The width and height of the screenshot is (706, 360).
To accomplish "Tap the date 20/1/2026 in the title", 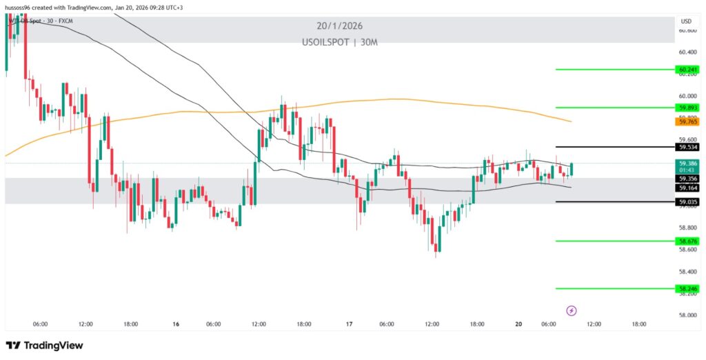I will tap(339, 26).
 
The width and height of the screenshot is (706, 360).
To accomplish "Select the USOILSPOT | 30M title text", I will tap(339, 42).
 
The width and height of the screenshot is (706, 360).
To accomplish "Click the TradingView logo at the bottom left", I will tap(44, 345).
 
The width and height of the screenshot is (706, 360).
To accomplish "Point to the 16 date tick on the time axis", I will tap(176, 323).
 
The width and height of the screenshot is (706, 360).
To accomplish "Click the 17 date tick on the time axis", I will tap(350, 323).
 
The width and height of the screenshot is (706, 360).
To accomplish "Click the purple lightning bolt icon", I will tap(571, 310).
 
